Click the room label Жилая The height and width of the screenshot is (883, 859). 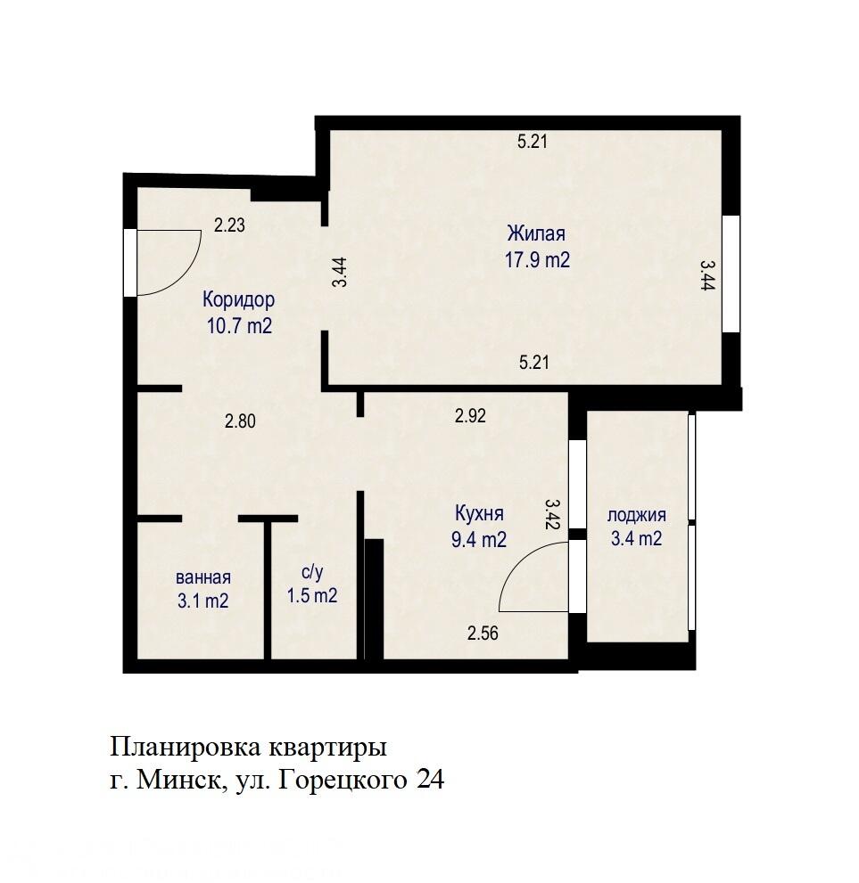click(536, 234)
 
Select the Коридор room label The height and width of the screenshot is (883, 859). click(238, 299)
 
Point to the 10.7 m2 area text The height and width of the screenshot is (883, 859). click(238, 326)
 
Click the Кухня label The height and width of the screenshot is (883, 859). click(480, 514)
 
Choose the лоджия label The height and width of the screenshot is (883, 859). click(637, 515)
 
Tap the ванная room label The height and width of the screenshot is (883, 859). click(203, 576)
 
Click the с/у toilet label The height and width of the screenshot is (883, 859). click(311, 572)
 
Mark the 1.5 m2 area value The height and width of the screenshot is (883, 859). click(311, 597)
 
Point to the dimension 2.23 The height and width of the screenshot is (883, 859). click(229, 226)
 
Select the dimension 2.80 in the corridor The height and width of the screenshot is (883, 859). click(240, 422)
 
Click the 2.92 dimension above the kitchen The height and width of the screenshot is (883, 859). click(470, 415)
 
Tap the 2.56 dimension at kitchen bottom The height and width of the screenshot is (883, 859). click(483, 634)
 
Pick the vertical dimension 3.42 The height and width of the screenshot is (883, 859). click(552, 514)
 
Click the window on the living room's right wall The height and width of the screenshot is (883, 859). click(731, 274)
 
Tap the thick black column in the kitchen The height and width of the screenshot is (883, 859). click(374, 598)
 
